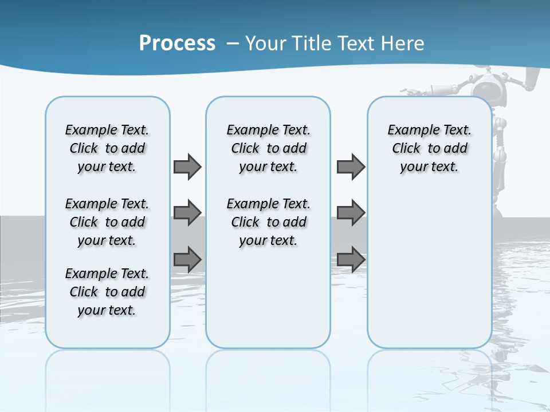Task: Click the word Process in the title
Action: [x=177, y=43]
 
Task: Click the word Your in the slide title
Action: [x=266, y=43]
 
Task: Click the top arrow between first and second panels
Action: [x=187, y=167]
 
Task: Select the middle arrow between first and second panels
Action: [x=187, y=213]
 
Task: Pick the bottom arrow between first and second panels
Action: [x=187, y=259]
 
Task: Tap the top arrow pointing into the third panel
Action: [x=351, y=167]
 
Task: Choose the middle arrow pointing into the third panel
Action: [x=351, y=213]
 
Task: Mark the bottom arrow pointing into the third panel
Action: [x=351, y=259]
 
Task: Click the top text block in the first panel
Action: [x=107, y=148]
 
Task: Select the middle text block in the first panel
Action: [x=107, y=222]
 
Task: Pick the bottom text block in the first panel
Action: [x=107, y=292]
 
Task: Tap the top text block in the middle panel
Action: [x=268, y=148]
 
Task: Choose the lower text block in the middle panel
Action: [x=268, y=222]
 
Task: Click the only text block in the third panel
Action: [x=429, y=148]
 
